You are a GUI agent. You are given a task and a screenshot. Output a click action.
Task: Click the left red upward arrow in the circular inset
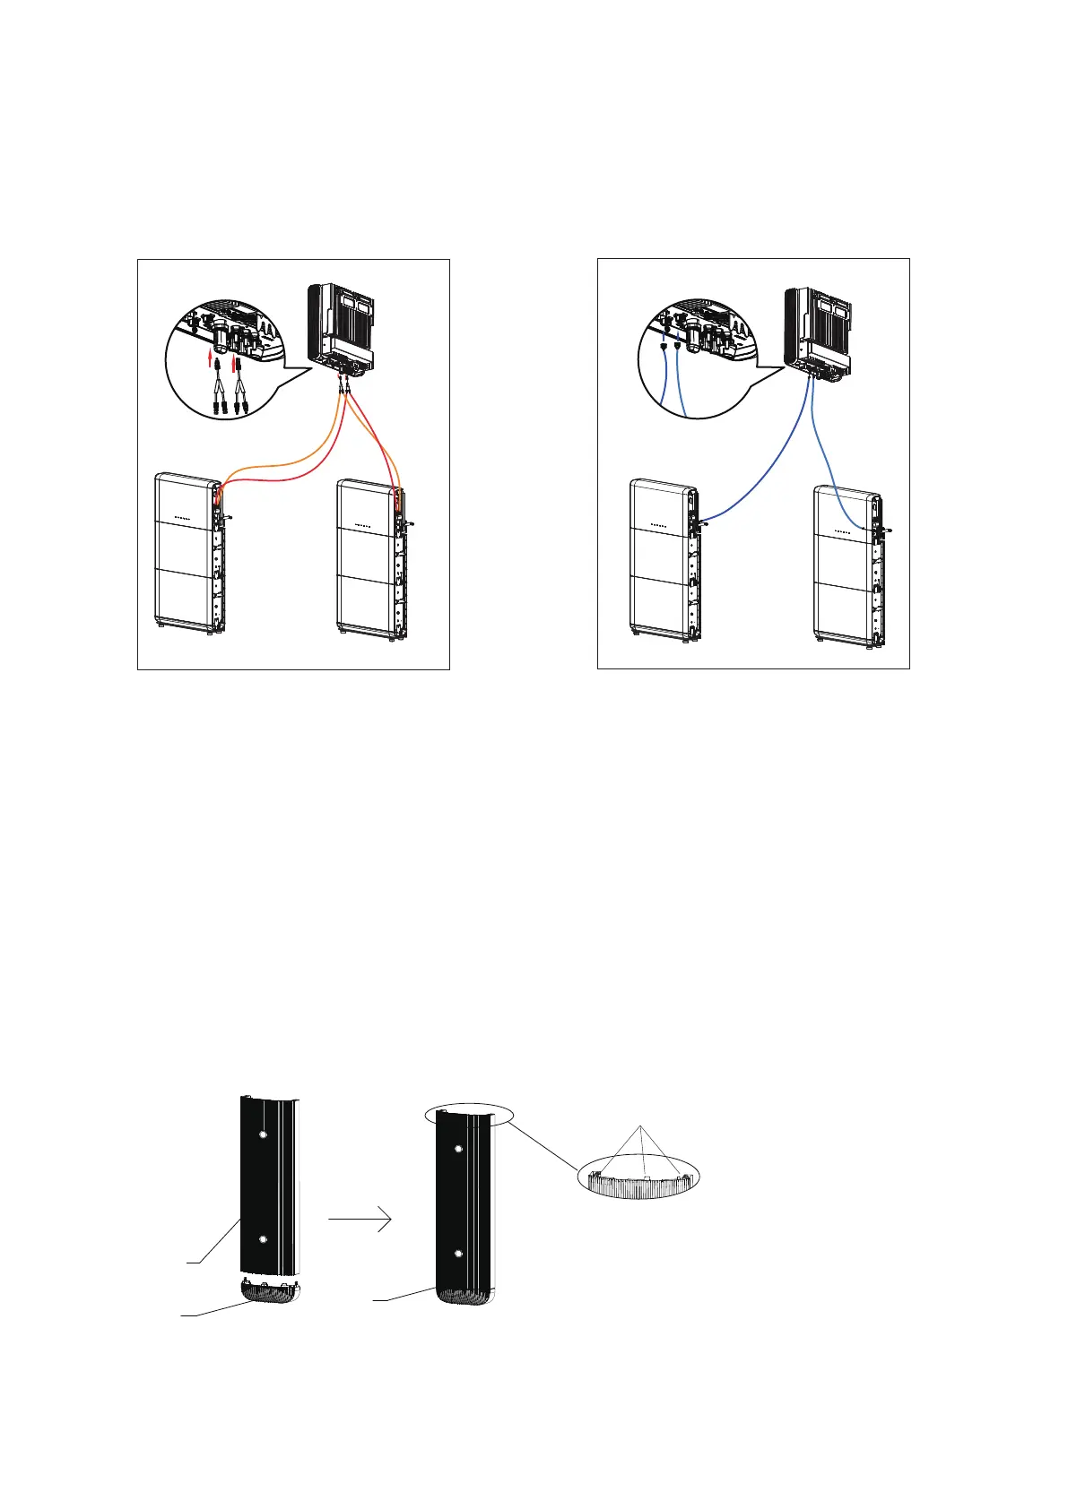211,361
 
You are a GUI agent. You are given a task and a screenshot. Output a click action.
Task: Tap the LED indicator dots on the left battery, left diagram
182,518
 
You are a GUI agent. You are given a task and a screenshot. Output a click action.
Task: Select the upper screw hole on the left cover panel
262,1134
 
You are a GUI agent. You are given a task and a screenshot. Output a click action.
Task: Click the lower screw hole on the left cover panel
262,1238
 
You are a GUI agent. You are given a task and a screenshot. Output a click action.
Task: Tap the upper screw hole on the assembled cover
459,1149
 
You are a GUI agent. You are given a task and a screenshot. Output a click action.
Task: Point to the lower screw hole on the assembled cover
459,1253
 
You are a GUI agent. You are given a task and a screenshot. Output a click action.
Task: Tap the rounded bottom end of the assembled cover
465,1294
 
